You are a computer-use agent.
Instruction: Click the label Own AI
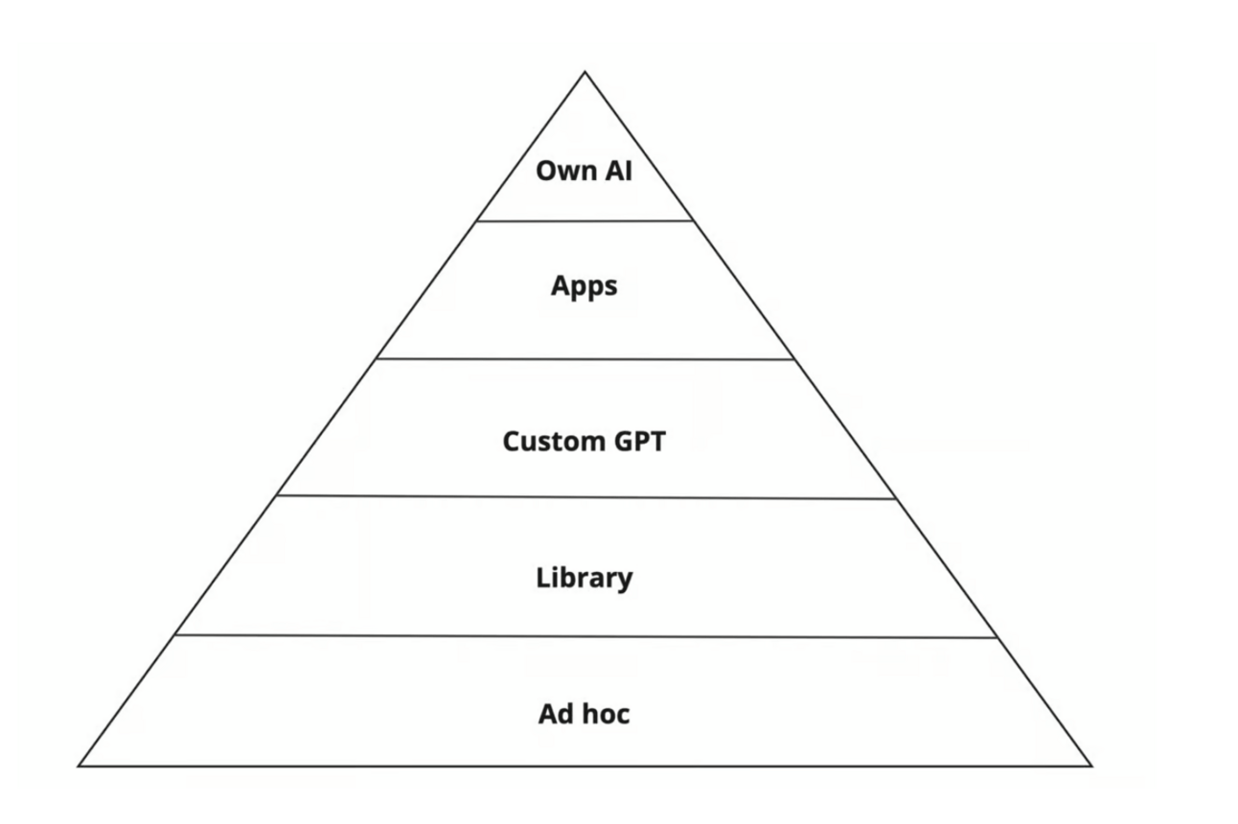[x=585, y=171]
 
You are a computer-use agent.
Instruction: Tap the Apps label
[x=585, y=286]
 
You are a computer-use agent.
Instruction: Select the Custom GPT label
[x=585, y=442]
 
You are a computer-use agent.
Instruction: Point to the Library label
[x=585, y=578]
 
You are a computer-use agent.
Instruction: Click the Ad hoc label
[x=585, y=714]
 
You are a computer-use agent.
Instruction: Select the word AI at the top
[x=619, y=171]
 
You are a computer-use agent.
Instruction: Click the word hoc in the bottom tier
[x=607, y=714]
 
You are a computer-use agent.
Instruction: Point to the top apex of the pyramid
[x=585, y=72]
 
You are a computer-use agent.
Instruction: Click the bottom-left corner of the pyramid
[x=79, y=766]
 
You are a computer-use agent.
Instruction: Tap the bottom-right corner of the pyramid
[x=1092, y=766]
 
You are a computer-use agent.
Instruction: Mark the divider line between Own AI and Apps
[x=585, y=221]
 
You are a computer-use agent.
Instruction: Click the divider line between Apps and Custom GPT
[x=585, y=359]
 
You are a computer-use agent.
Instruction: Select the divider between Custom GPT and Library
[x=585, y=497]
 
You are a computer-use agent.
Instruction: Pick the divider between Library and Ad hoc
[x=585, y=636]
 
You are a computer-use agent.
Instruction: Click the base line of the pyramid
[x=585, y=766]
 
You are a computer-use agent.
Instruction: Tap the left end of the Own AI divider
[x=477, y=221]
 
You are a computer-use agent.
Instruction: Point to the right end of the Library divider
[x=997, y=638]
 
